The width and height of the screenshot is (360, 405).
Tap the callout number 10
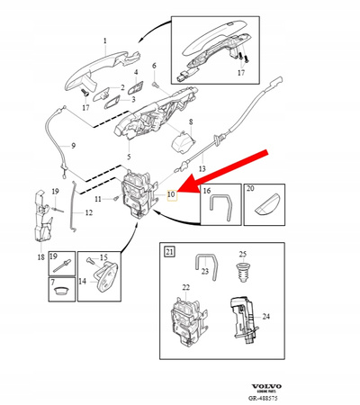171,193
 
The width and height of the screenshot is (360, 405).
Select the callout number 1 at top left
104,40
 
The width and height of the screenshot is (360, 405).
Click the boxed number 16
207,192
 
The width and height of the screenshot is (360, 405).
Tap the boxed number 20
252,192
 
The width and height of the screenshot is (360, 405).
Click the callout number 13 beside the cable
202,168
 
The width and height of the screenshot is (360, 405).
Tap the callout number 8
190,121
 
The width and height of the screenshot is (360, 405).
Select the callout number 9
73,146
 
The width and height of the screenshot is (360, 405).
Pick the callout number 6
154,67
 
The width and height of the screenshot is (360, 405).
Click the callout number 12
88,213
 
